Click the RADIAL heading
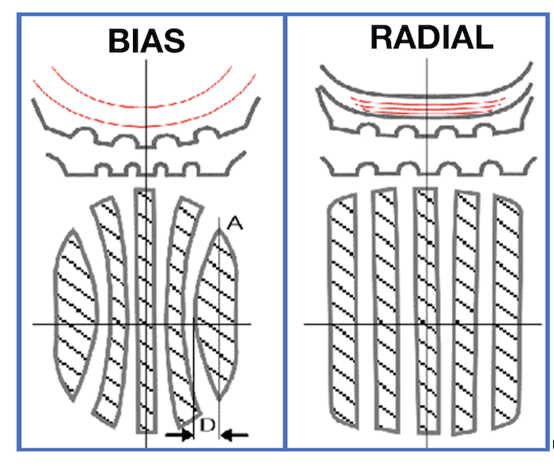coord(431,36)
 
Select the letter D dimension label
coord(207,426)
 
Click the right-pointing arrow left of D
coord(180,435)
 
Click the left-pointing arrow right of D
coord(235,434)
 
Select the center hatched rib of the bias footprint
coord(146,308)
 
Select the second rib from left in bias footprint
coord(109,308)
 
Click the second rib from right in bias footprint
coord(183,308)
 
